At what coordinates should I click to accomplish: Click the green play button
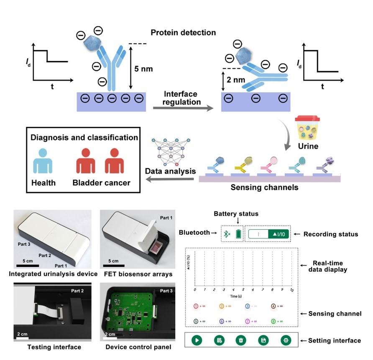point(197,340)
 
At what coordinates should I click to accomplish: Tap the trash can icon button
point(241,340)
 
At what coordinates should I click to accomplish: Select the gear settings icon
point(286,340)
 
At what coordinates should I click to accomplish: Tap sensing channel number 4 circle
point(273,306)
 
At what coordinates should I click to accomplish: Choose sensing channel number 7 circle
point(247,321)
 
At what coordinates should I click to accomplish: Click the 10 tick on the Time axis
point(291,289)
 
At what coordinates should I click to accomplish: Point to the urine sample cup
point(307,128)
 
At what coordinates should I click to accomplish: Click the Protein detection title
point(183,32)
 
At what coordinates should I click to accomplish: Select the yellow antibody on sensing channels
point(239,166)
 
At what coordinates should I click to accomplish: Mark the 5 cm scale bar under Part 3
point(28,265)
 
